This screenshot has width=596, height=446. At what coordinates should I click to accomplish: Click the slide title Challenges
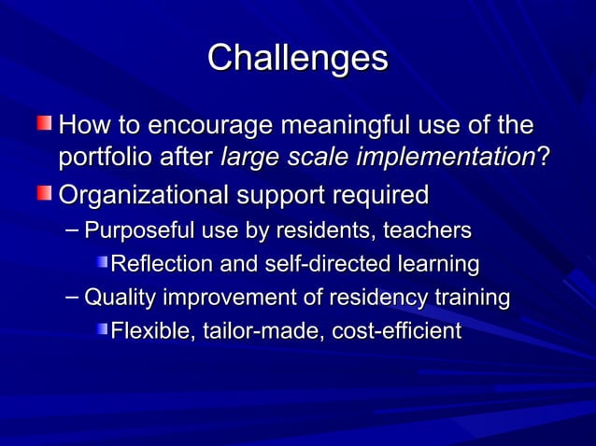(x=297, y=58)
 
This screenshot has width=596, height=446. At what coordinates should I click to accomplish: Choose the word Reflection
(x=159, y=264)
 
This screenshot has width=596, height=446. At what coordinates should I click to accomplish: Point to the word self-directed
(x=317, y=264)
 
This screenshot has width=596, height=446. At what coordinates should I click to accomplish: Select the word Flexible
(x=147, y=331)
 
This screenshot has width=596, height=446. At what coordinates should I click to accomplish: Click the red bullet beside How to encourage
(x=45, y=123)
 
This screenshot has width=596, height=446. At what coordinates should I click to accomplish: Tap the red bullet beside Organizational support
(x=45, y=194)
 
